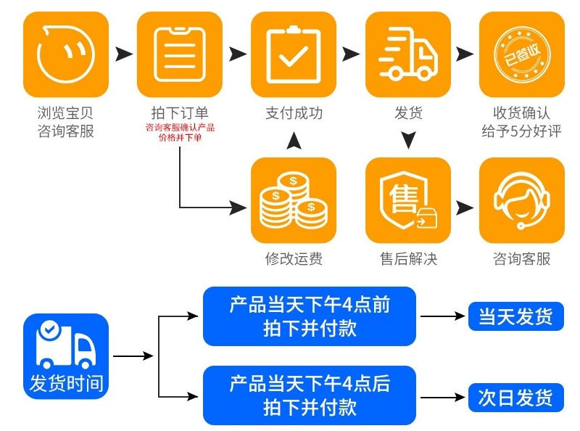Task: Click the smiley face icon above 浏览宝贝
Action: coord(66,54)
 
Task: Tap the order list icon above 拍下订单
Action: coord(179,54)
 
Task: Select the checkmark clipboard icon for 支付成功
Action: coord(294,54)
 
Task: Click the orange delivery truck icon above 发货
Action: coord(408,54)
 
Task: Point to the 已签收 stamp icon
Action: coord(521,54)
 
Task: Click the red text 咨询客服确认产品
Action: coord(180,128)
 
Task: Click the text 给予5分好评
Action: coord(521,131)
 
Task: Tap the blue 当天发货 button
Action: coord(515,317)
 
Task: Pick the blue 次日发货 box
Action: coord(515,397)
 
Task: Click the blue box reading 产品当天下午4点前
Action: coord(310,316)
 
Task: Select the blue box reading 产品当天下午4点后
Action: coord(310,395)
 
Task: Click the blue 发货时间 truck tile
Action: coord(66,356)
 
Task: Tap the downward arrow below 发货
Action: coord(408,139)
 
